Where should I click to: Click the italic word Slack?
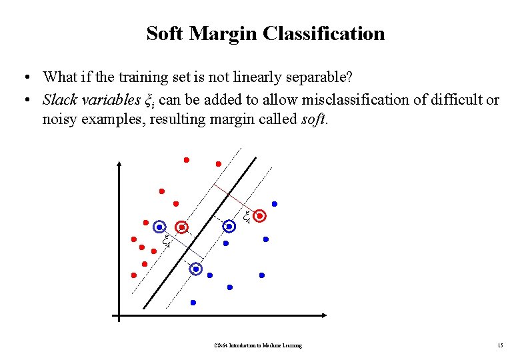[x=59, y=100]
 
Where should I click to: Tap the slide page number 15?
[x=500, y=345]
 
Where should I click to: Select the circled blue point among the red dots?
[x=159, y=227]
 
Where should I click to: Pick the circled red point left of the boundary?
[x=181, y=227]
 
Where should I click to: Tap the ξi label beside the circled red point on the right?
[x=246, y=216]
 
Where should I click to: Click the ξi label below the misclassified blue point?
[x=166, y=240]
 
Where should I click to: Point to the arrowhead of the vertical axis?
[x=119, y=164]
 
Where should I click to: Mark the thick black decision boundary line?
[x=200, y=233]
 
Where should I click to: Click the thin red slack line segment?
[x=230, y=197]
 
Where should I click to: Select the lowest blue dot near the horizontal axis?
[x=193, y=303]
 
